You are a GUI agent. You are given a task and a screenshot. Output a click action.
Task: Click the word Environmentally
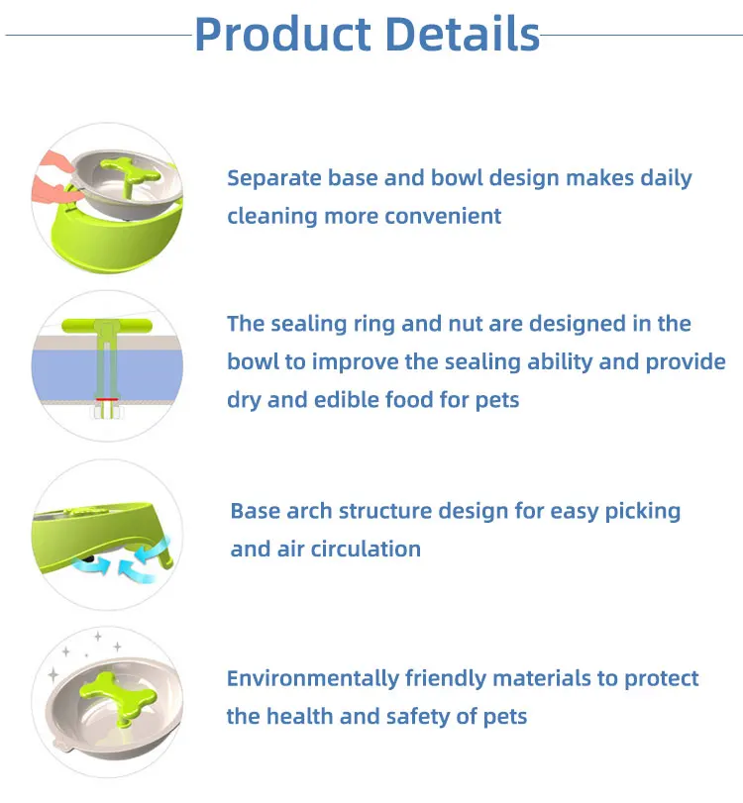[313, 679]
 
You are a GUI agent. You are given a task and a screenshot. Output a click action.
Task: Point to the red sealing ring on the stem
[105, 401]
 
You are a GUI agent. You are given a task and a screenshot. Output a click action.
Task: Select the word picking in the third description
[640, 512]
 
